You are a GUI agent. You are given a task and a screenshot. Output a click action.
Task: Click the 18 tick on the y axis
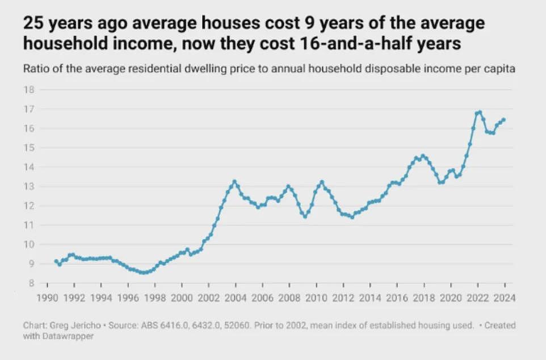pyautogui.click(x=28, y=90)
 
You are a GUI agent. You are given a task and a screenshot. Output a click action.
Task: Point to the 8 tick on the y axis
pyautogui.click(x=31, y=283)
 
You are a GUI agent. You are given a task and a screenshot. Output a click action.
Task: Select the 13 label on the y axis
pyautogui.click(x=28, y=187)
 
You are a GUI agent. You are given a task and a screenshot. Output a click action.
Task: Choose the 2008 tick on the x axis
pyautogui.click(x=289, y=296)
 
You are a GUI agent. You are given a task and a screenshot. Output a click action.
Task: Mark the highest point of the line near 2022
pyautogui.click(x=480, y=112)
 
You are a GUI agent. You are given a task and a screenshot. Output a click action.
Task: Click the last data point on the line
pyautogui.click(x=503, y=120)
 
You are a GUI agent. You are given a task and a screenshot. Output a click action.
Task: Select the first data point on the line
pyautogui.click(x=56, y=261)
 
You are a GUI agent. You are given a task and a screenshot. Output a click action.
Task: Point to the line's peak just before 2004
pyautogui.click(x=234, y=182)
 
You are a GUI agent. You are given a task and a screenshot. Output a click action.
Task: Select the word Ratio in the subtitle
pyautogui.click(x=35, y=69)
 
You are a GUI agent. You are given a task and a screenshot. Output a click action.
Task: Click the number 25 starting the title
pyautogui.click(x=33, y=24)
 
